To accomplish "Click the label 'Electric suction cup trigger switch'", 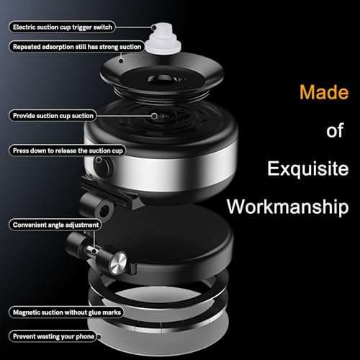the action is coord(62,27).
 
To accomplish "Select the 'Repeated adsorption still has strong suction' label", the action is coord(77,47).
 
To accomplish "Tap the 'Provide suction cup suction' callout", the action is coord(53,116).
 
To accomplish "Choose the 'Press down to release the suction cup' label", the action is coord(68,150).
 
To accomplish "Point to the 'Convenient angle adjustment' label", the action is coord(55,225).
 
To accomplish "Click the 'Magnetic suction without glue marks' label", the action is coord(66,312).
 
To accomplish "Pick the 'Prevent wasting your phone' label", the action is coord(53,336).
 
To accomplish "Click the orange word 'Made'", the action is coord(324,92).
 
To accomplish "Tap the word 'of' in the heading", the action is coord(335,130).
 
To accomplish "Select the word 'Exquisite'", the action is coord(308,169).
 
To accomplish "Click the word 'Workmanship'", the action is coord(288,207).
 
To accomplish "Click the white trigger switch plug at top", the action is coord(163,41).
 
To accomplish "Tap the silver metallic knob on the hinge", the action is coord(118,263).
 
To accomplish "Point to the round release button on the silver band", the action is coord(103,166).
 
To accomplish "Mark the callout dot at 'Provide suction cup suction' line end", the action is coord(154,116).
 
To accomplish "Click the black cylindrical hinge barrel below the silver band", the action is coord(96,206).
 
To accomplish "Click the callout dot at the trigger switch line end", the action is coord(154,27).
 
